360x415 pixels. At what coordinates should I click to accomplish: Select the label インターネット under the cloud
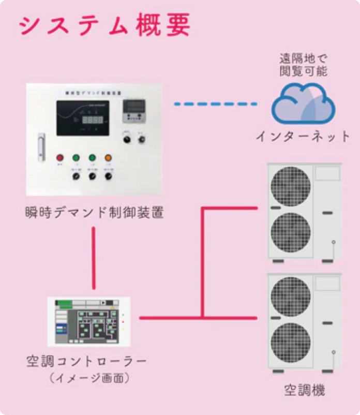coord(304,137)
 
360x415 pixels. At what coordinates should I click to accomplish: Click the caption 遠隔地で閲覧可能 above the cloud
coord(304,64)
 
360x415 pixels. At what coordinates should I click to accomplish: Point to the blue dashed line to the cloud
coord(216,104)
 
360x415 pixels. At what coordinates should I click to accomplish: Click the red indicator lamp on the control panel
coord(60,158)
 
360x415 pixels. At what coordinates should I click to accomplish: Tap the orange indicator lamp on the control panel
coord(108,158)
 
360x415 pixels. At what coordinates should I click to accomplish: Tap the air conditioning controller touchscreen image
coord(89,321)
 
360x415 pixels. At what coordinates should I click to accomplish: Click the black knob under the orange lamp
coord(108,177)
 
